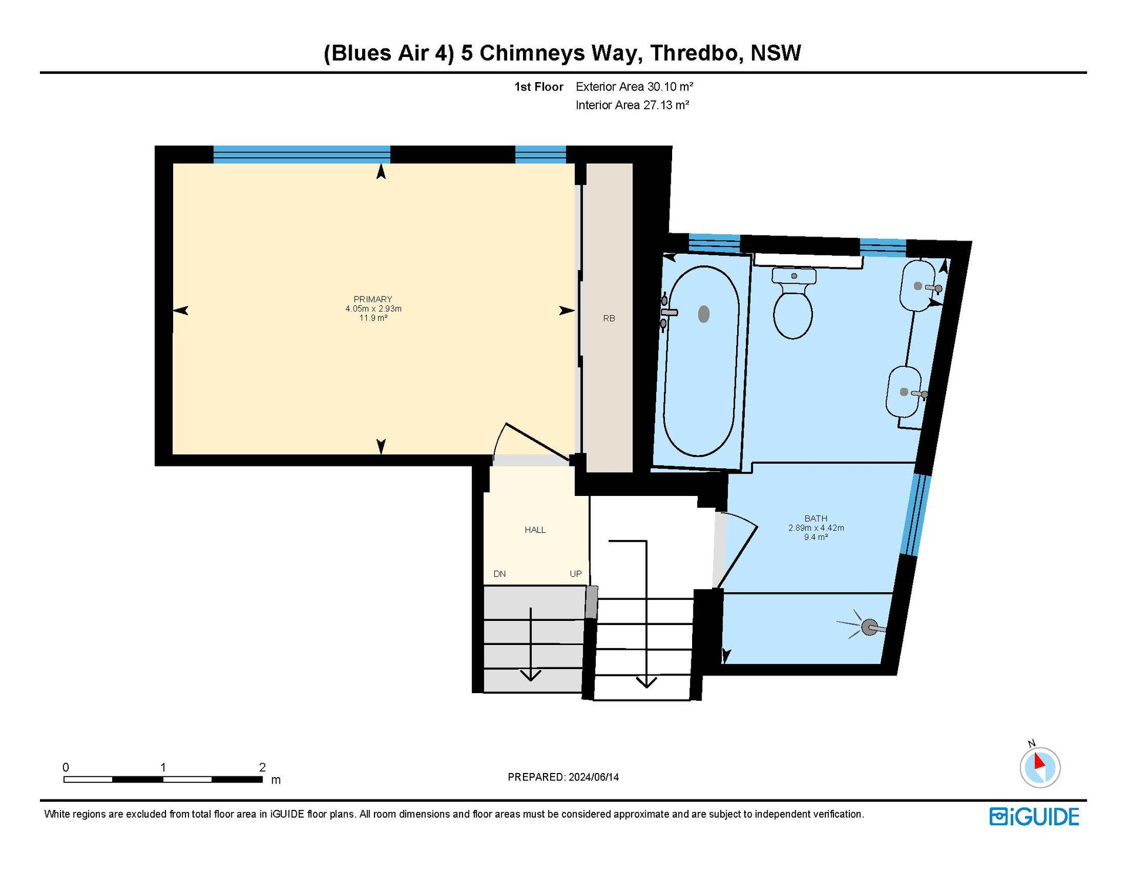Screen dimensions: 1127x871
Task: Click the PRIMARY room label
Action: [373, 299]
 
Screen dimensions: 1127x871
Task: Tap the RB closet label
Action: [609, 318]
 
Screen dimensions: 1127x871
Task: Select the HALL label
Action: [535, 530]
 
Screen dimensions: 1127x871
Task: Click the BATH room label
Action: [816, 518]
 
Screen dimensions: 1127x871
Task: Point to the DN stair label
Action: [500, 574]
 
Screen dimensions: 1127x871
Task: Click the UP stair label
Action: [575, 574]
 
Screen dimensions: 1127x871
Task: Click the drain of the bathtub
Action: [704, 314]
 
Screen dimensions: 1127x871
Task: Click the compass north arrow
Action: [1040, 761]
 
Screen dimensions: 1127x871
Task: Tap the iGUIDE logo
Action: [1034, 817]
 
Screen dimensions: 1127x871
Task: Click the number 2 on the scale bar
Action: [262, 767]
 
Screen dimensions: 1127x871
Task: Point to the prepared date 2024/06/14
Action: [593, 777]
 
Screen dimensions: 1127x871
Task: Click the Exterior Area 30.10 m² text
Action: [635, 87]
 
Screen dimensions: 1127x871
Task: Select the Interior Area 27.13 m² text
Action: [632, 105]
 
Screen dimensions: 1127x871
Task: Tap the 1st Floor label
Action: [539, 87]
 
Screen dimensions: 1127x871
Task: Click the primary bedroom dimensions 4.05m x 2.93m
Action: [373, 309]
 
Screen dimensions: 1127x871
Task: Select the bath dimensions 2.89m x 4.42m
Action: [816, 528]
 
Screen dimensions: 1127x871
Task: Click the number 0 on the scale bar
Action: [66, 767]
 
